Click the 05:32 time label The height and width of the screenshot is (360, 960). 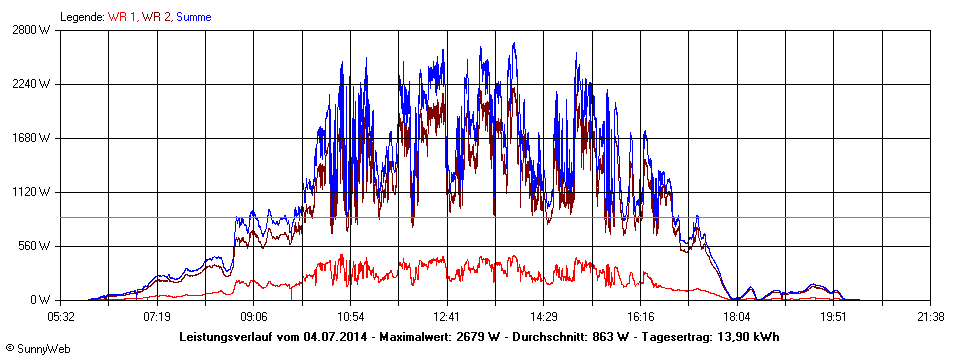coord(61,316)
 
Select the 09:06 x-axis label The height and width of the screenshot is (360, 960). coord(254,316)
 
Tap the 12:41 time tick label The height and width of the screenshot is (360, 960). coord(447,316)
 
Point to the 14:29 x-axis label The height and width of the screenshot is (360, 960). coord(543,316)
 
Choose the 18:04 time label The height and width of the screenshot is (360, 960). coord(737,316)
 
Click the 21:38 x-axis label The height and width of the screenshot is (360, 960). coord(930,316)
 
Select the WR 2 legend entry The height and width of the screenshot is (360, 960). coord(156,17)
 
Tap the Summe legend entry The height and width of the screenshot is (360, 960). coord(195,17)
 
